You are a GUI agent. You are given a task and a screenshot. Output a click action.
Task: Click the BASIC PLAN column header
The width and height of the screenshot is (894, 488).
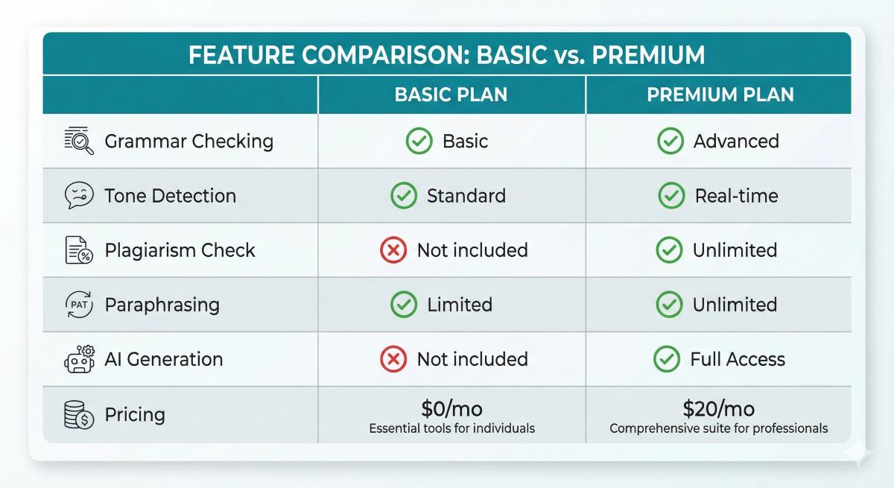tap(451, 95)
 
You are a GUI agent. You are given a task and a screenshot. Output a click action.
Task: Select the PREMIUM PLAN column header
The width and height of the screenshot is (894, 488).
tap(720, 95)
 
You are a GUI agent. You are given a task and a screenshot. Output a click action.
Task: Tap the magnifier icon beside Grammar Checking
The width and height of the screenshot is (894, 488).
tap(80, 141)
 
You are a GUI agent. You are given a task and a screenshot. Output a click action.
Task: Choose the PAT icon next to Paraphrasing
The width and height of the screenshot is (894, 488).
tap(80, 305)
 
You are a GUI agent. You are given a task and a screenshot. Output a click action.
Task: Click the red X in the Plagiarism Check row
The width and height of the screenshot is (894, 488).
tap(393, 250)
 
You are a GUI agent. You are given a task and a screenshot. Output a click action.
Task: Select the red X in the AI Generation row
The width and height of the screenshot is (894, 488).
tap(393, 359)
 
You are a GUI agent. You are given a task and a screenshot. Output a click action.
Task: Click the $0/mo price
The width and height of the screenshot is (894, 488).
tap(451, 408)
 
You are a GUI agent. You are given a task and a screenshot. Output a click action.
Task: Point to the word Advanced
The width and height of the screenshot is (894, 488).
tap(736, 142)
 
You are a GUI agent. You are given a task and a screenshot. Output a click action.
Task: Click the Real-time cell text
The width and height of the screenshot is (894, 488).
tap(736, 196)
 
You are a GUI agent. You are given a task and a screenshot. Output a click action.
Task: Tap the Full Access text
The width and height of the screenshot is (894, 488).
tap(738, 359)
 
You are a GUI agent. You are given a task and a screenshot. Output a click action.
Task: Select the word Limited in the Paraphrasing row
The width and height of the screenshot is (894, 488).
tap(460, 305)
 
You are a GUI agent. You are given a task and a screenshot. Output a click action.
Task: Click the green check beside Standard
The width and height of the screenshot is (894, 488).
tap(404, 196)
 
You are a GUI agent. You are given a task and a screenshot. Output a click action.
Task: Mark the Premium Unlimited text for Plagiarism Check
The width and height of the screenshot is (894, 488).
tap(735, 250)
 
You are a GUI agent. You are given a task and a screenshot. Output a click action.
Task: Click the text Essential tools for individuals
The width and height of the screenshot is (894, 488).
tap(451, 428)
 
